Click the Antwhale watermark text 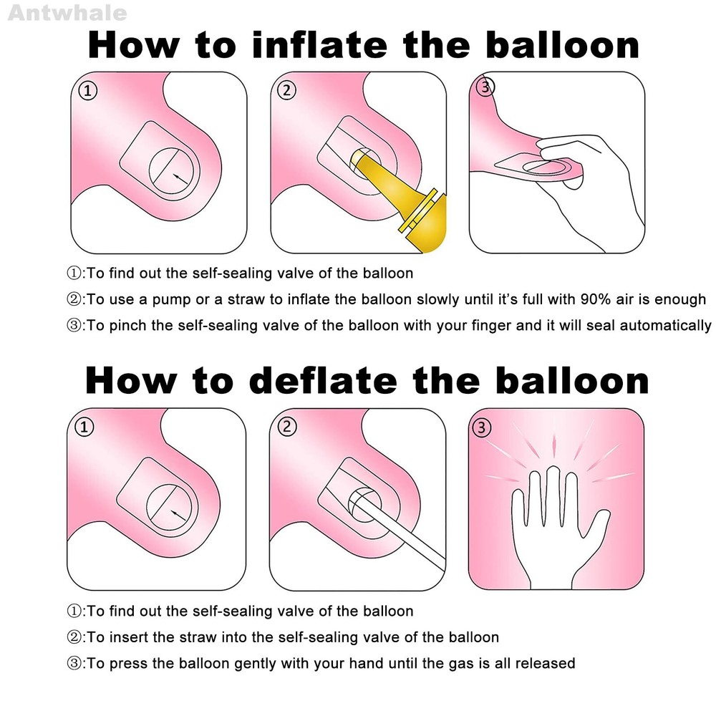pyautogui.click(x=67, y=13)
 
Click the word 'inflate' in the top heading pyautogui.click(x=320, y=45)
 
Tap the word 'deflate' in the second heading pyautogui.click(x=324, y=380)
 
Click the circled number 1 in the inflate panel pyautogui.click(x=87, y=90)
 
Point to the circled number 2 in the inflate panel pyautogui.click(x=287, y=90)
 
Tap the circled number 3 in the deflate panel pyautogui.click(x=481, y=428)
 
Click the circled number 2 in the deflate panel pyautogui.click(x=287, y=427)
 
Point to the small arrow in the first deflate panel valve pyautogui.click(x=178, y=515)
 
